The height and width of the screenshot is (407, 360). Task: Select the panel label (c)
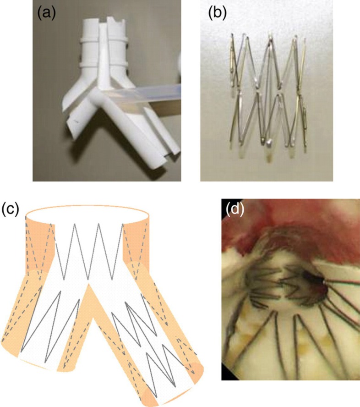click(10, 209)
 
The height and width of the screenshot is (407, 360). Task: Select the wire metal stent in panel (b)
click(266, 92)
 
